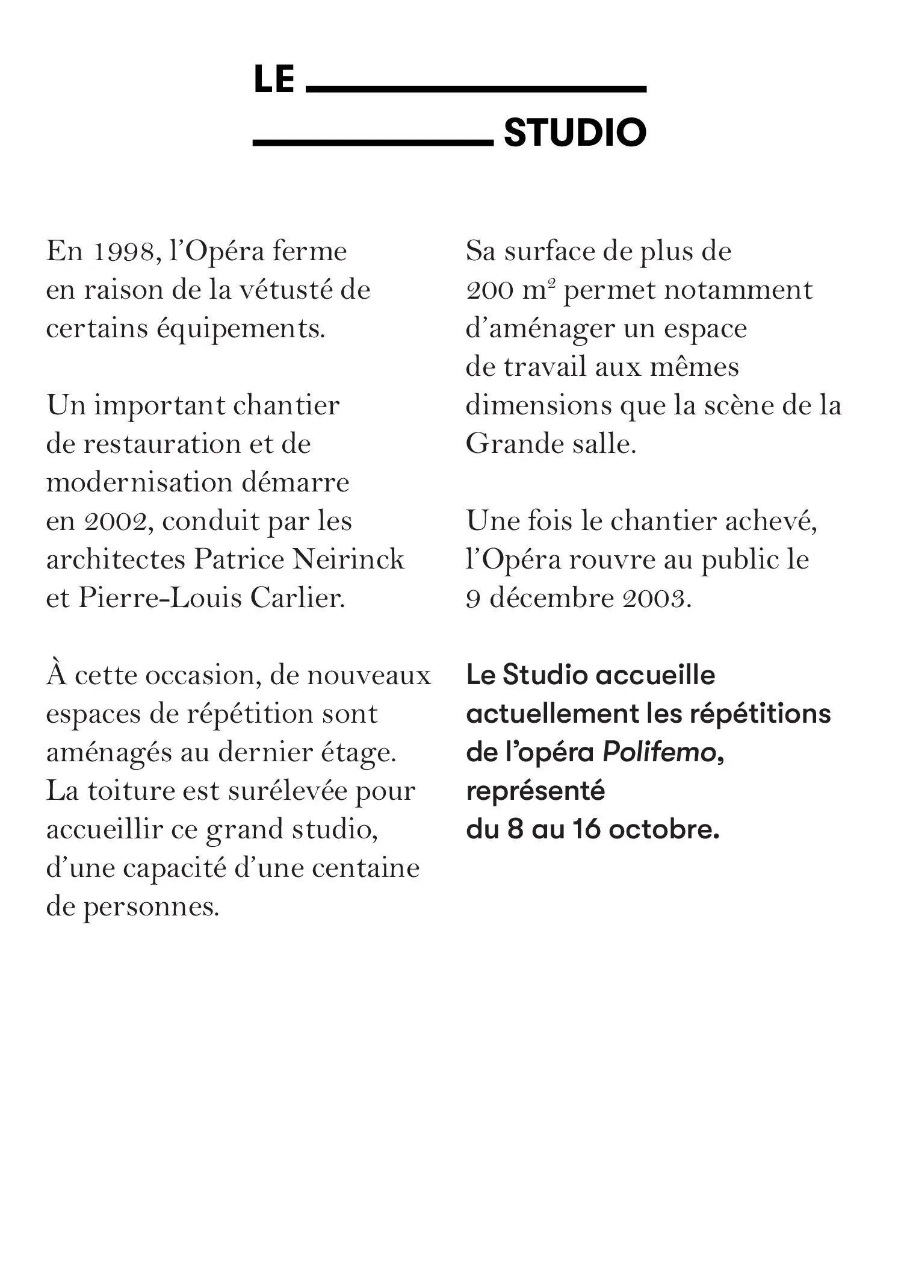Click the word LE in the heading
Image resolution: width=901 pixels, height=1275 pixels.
tap(274, 79)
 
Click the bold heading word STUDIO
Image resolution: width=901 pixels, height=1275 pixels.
tap(575, 133)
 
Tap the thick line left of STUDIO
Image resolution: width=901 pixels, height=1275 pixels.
tap(373, 143)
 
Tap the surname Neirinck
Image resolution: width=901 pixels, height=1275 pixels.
tap(348, 560)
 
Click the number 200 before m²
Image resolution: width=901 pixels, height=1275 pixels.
tap(489, 291)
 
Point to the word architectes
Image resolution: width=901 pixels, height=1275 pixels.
tap(116, 560)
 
